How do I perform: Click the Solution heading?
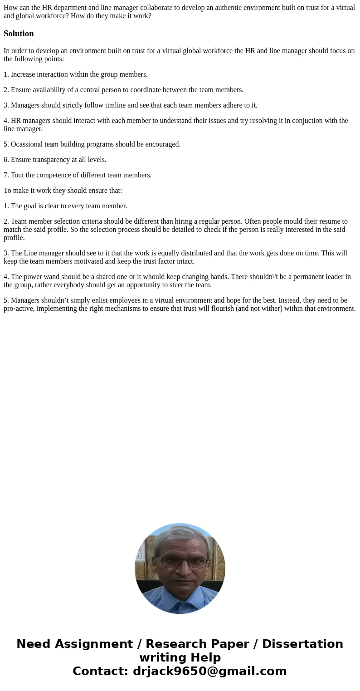(x=19, y=34)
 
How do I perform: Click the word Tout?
(x=18, y=175)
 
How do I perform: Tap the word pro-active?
(x=19, y=309)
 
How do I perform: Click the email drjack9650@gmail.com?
(x=209, y=671)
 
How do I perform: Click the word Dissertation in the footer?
(x=302, y=644)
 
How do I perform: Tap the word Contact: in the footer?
(x=100, y=671)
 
